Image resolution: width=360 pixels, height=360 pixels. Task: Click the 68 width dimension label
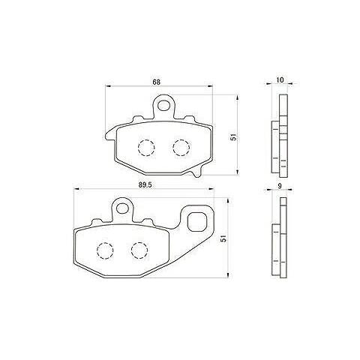coord(157,82)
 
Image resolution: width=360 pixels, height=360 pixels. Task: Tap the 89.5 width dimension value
coord(144,185)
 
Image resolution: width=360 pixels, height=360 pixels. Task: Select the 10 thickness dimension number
coord(280,80)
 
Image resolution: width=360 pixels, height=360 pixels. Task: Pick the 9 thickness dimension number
coord(280,186)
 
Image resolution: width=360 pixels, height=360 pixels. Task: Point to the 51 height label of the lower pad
coord(224,238)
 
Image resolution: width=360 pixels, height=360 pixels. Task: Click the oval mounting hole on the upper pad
coord(163,105)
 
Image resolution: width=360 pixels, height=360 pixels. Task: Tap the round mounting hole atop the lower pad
coord(122,208)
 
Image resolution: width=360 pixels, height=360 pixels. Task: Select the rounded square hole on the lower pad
coord(197,221)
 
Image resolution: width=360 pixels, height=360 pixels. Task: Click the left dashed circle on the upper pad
coord(146,148)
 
